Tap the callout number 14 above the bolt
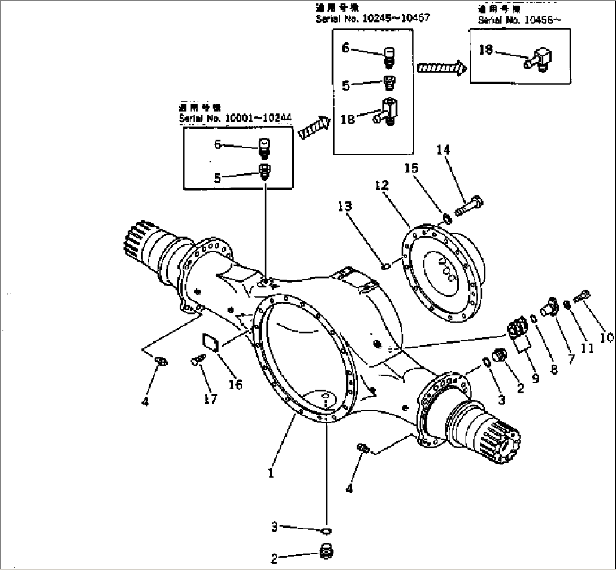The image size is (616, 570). [x=444, y=150]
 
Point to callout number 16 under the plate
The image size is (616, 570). [x=235, y=384]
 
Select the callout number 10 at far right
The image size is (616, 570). [x=606, y=338]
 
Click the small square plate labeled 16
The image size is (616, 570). [x=211, y=342]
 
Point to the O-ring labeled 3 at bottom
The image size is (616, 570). [x=326, y=530]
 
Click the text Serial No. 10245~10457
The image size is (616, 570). [x=373, y=17]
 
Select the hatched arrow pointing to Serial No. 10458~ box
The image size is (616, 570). [x=441, y=68]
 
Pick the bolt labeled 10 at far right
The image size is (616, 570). [x=583, y=295]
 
